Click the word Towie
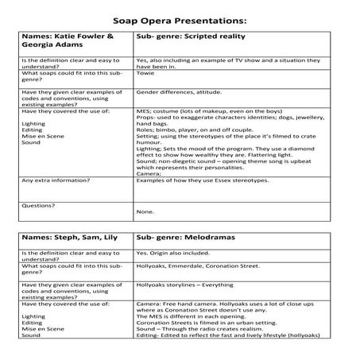[x=145, y=73]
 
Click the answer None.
[x=145, y=211]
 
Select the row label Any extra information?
[x=56, y=180]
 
